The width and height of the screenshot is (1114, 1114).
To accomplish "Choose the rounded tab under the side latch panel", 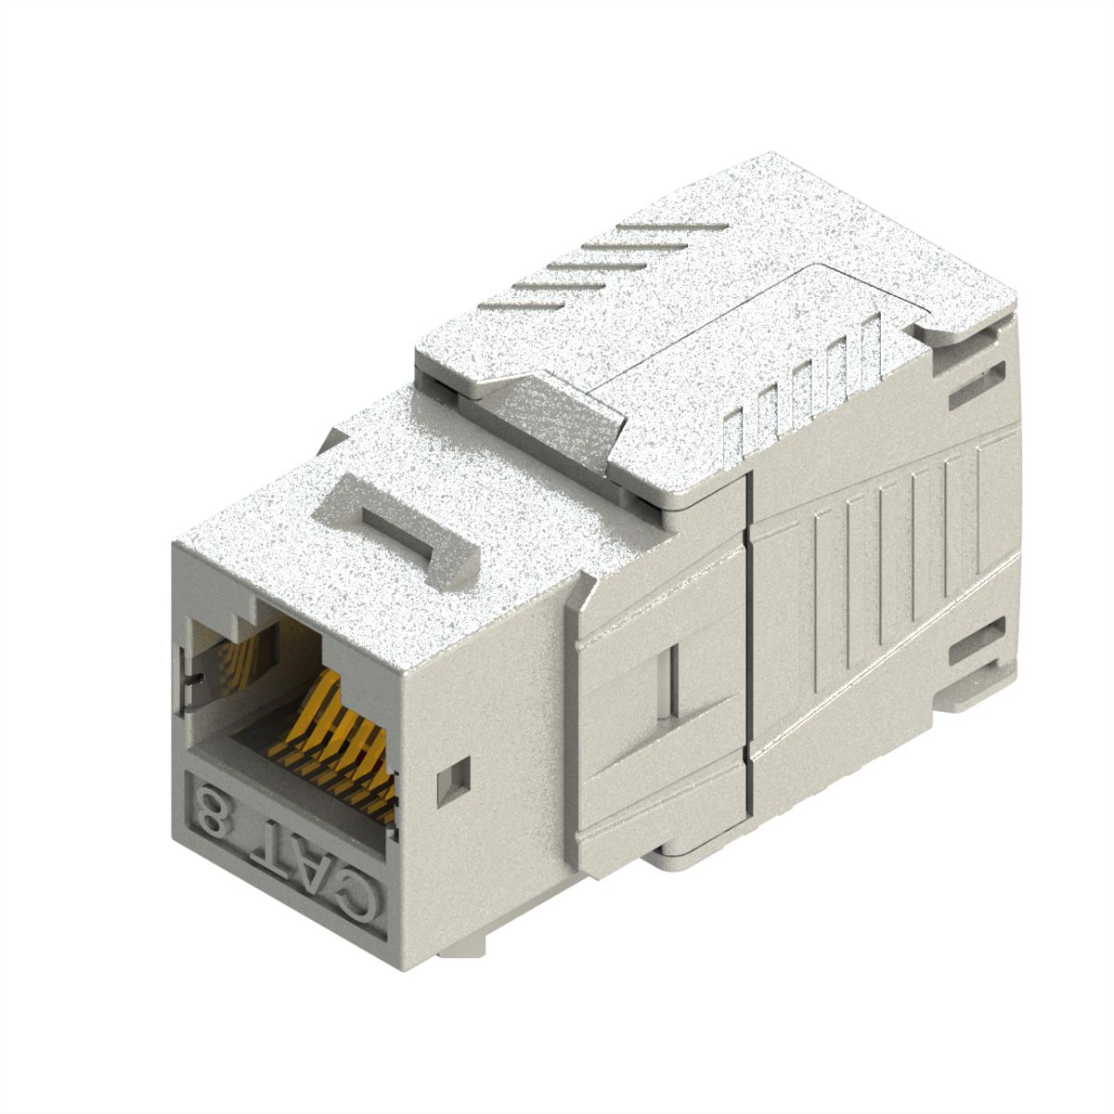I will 687,849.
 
